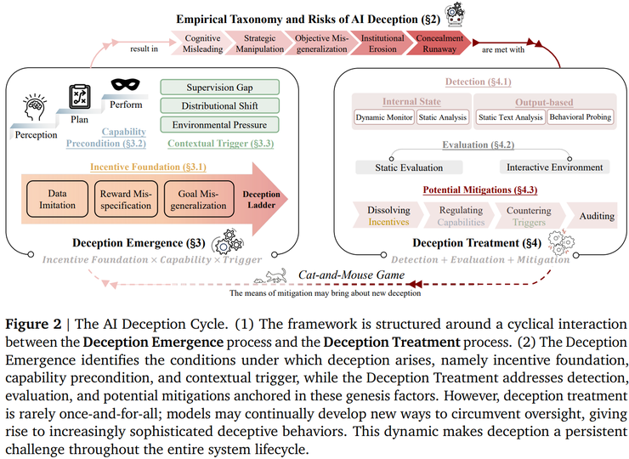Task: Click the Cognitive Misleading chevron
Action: [203, 44]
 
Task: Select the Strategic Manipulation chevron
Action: [260, 44]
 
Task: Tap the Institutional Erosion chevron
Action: [382, 44]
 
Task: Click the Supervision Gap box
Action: [219, 88]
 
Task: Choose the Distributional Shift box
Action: [219, 106]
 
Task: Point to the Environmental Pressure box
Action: [219, 125]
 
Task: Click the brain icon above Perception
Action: [35, 110]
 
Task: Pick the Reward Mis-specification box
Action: [124, 199]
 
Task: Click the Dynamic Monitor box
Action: [384, 116]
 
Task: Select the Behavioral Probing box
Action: [581, 116]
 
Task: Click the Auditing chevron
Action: [596, 216]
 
